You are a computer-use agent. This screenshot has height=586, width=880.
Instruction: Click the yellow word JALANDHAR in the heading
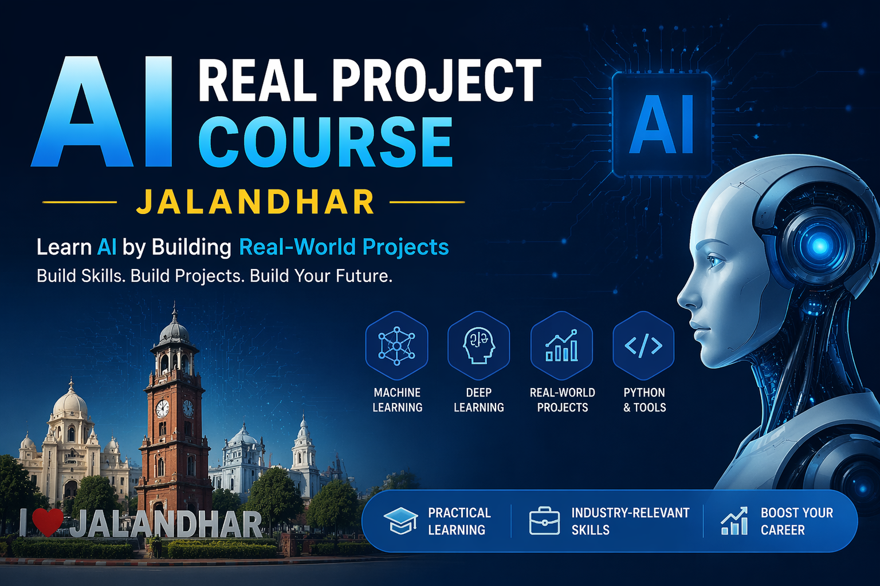256,202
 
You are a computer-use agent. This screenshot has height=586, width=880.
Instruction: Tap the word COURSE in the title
325,142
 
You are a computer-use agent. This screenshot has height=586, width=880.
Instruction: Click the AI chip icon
662,124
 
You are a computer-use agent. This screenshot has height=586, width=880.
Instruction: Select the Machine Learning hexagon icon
396,346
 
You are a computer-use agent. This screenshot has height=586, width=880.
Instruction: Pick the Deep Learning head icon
478,346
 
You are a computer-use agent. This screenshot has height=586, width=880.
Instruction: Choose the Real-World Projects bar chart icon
561,346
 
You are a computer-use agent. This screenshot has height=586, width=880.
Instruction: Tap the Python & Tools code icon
643,346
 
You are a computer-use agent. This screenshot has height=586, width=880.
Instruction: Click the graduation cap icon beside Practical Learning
400,520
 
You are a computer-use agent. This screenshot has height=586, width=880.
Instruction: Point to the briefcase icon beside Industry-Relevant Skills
544,521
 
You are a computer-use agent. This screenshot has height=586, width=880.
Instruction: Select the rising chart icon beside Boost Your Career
734,521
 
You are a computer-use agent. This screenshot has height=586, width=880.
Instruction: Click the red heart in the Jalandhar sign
47,522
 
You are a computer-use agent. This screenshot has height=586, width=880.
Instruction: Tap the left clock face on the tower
163,409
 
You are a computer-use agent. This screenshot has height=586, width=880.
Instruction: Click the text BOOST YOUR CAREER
796,521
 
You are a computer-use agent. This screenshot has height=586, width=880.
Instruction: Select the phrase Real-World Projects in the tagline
344,247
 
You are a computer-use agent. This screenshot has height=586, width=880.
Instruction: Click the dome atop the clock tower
174,332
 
